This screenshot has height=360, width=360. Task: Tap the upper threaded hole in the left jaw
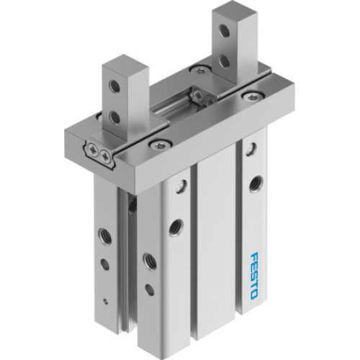[114, 86]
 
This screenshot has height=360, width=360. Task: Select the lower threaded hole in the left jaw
[114, 116]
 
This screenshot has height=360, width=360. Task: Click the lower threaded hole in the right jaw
[225, 62]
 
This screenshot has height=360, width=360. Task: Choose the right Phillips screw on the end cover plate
[107, 154]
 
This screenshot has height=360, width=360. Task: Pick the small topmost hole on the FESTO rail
[251, 149]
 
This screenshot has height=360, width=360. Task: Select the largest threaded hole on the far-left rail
[104, 235]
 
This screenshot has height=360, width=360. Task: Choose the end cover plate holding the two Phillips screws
[101, 152]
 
